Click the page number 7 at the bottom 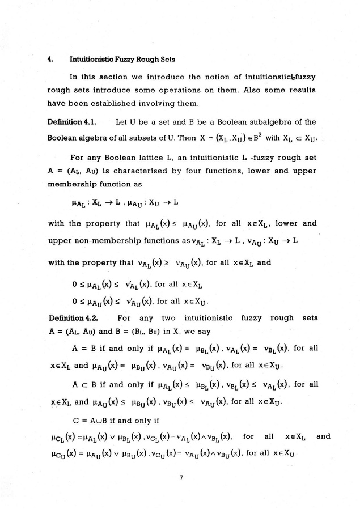click(x=180, y=478)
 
